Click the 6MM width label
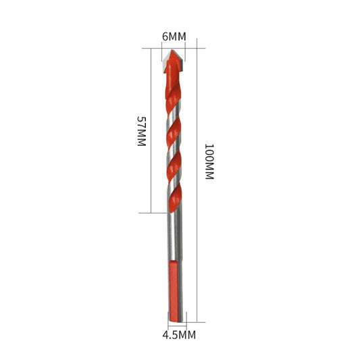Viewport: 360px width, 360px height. tap(174, 36)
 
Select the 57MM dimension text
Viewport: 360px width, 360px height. tap(141, 132)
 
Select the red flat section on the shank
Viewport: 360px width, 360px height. tap(174, 290)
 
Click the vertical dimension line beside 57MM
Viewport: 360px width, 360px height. tap(150, 132)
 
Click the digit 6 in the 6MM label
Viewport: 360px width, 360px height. tap(165, 36)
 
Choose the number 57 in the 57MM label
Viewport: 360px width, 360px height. tap(141, 122)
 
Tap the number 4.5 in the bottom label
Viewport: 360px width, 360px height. tap(170, 334)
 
